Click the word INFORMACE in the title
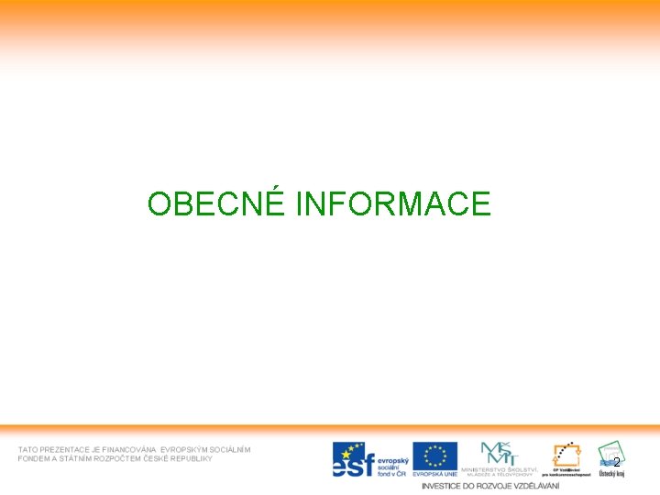click(x=393, y=203)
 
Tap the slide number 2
click(x=617, y=462)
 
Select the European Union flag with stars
click(x=434, y=456)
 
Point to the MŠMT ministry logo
click(x=500, y=452)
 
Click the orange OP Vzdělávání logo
click(x=566, y=455)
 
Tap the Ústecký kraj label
click(x=611, y=474)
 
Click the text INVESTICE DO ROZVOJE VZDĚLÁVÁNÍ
click(x=489, y=485)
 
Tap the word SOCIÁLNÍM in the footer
click(x=230, y=449)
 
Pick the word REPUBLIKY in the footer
click(x=190, y=458)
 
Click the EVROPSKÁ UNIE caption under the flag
click(x=434, y=474)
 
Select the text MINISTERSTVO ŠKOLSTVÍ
click(x=500, y=469)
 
